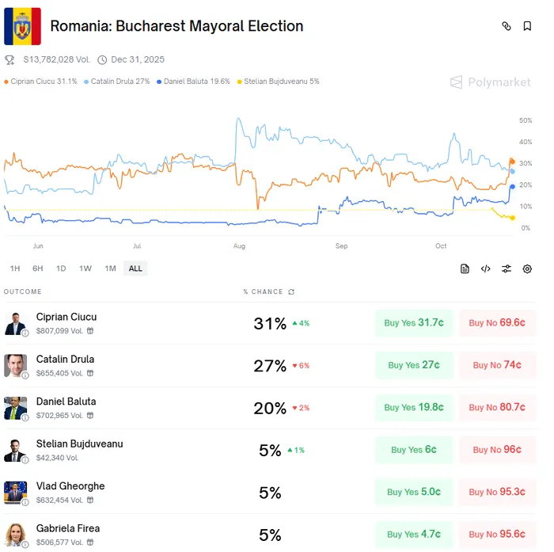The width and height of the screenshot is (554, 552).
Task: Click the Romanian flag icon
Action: point(22,26)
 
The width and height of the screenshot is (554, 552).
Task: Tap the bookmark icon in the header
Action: point(527,26)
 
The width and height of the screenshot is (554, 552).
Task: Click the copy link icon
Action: point(507,26)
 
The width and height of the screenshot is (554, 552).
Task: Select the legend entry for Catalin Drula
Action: point(120,82)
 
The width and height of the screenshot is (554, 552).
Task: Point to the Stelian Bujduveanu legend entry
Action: point(281,82)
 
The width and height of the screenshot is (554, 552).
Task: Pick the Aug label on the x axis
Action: point(239,246)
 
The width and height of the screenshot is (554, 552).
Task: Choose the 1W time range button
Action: point(85,268)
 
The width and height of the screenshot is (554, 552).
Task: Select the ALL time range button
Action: point(135,268)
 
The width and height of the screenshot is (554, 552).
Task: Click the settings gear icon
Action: point(527,268)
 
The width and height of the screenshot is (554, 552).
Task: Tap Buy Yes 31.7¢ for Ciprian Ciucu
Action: point(414,323)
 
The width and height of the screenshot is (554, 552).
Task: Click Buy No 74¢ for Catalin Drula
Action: point(497,365)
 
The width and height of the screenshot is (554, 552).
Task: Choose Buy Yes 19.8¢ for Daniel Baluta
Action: point(414,407)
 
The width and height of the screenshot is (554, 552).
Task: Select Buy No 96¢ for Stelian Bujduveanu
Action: point(497,450)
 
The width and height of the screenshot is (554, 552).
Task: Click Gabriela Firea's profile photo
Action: point(15,535)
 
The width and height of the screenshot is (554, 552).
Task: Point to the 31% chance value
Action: point(270,323)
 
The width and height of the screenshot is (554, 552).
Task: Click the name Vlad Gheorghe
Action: point(70,485)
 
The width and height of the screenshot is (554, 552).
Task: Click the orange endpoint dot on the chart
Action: point(512,162)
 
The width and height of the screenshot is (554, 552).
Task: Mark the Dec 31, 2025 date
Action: point(137,59)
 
